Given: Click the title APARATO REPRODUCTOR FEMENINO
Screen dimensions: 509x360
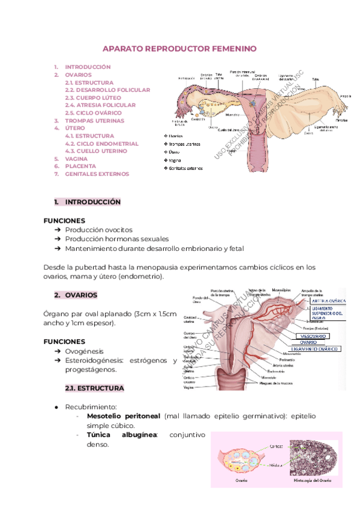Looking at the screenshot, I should tap(179, 48).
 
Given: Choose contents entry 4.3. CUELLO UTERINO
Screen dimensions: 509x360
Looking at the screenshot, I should tap(96, 151).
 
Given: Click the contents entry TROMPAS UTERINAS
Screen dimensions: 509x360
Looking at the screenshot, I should tap(94, 121).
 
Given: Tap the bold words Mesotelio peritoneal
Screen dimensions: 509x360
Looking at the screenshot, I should tap(123, 416).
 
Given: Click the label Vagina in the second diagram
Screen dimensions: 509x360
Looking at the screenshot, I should tap(191, 388).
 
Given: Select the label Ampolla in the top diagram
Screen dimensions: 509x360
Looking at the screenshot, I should tap(345, 96).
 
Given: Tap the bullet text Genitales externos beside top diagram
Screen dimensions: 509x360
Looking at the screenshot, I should tap(187, 168).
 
